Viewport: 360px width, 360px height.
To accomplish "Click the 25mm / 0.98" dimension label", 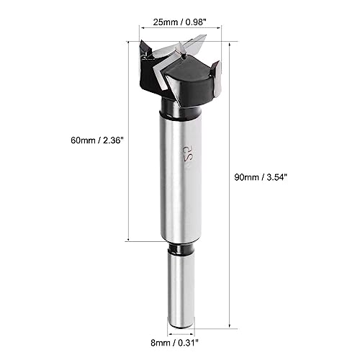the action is click(180, 22).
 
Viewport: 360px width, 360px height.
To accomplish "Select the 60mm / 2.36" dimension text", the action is click(96, 140).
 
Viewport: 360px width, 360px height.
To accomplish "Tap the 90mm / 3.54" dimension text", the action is click(261, 177).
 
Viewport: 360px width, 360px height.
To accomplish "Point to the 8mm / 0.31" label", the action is click(175, 343).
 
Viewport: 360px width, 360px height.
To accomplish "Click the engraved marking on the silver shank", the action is click(186, 156).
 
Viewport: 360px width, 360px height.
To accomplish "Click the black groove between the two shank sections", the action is click(181, 248).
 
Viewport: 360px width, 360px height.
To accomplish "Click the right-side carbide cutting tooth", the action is click(216, 78).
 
